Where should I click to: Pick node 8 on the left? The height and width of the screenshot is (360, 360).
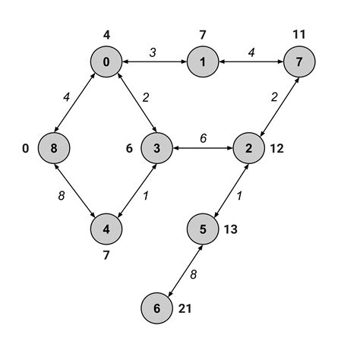point(55,148)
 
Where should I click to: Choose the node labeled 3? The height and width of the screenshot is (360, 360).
point(155,148)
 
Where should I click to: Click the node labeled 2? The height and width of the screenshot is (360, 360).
point(249,148)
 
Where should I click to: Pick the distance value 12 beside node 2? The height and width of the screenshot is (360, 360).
point(276,148)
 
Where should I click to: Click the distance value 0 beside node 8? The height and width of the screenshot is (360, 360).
point(26,148)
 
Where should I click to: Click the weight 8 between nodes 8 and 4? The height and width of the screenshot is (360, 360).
point(62,195)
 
